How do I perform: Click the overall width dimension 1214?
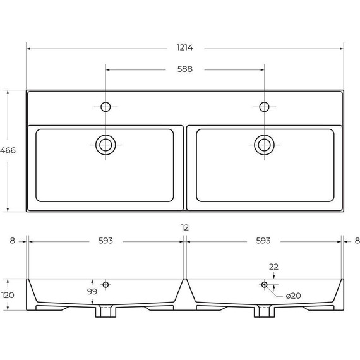[x=185, y=47]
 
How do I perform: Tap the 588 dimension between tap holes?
[x=185, y=69]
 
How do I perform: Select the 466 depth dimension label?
[x=8, y=150]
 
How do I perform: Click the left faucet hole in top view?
[x=105, y=107]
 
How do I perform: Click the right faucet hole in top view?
[x=264, y=107]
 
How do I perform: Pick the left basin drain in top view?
[x=105, y=145]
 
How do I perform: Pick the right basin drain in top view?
[x=264, y=145]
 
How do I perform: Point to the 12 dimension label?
[x=185, y=227]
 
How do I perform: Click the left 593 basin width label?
[x=105, y=241]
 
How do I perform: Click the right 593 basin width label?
[x=263, y=241]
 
